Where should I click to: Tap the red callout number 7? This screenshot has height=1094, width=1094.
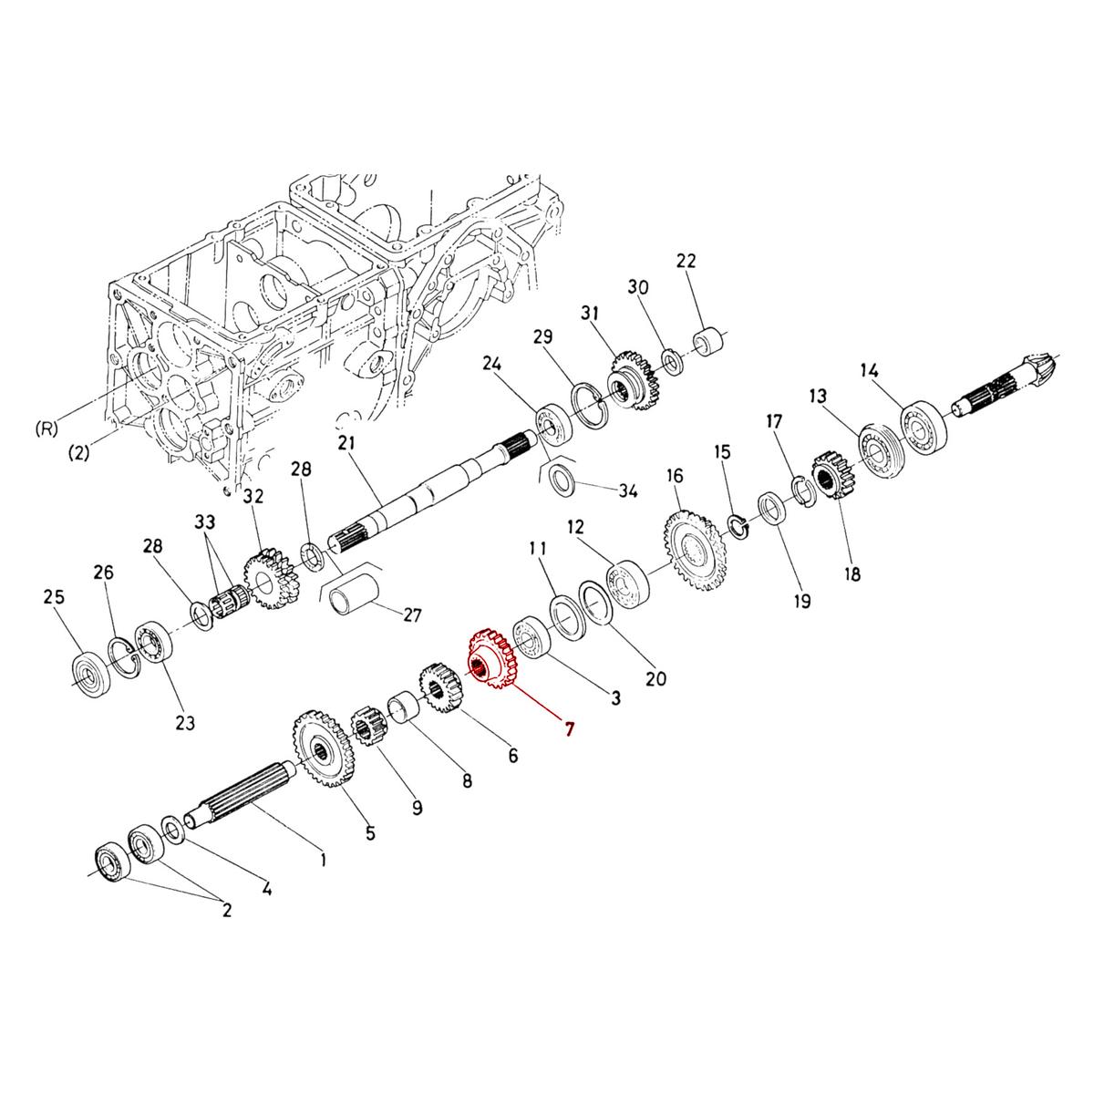pyautogui.click(x=570, y=729)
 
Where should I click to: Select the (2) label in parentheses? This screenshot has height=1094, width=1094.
pyautogui.click(x=78, y=453)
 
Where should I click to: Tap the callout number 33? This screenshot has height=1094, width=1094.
pyautogui.click(x=206, y=523)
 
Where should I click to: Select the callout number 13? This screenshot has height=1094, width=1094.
pyautogui.click(x=818, y=396)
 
